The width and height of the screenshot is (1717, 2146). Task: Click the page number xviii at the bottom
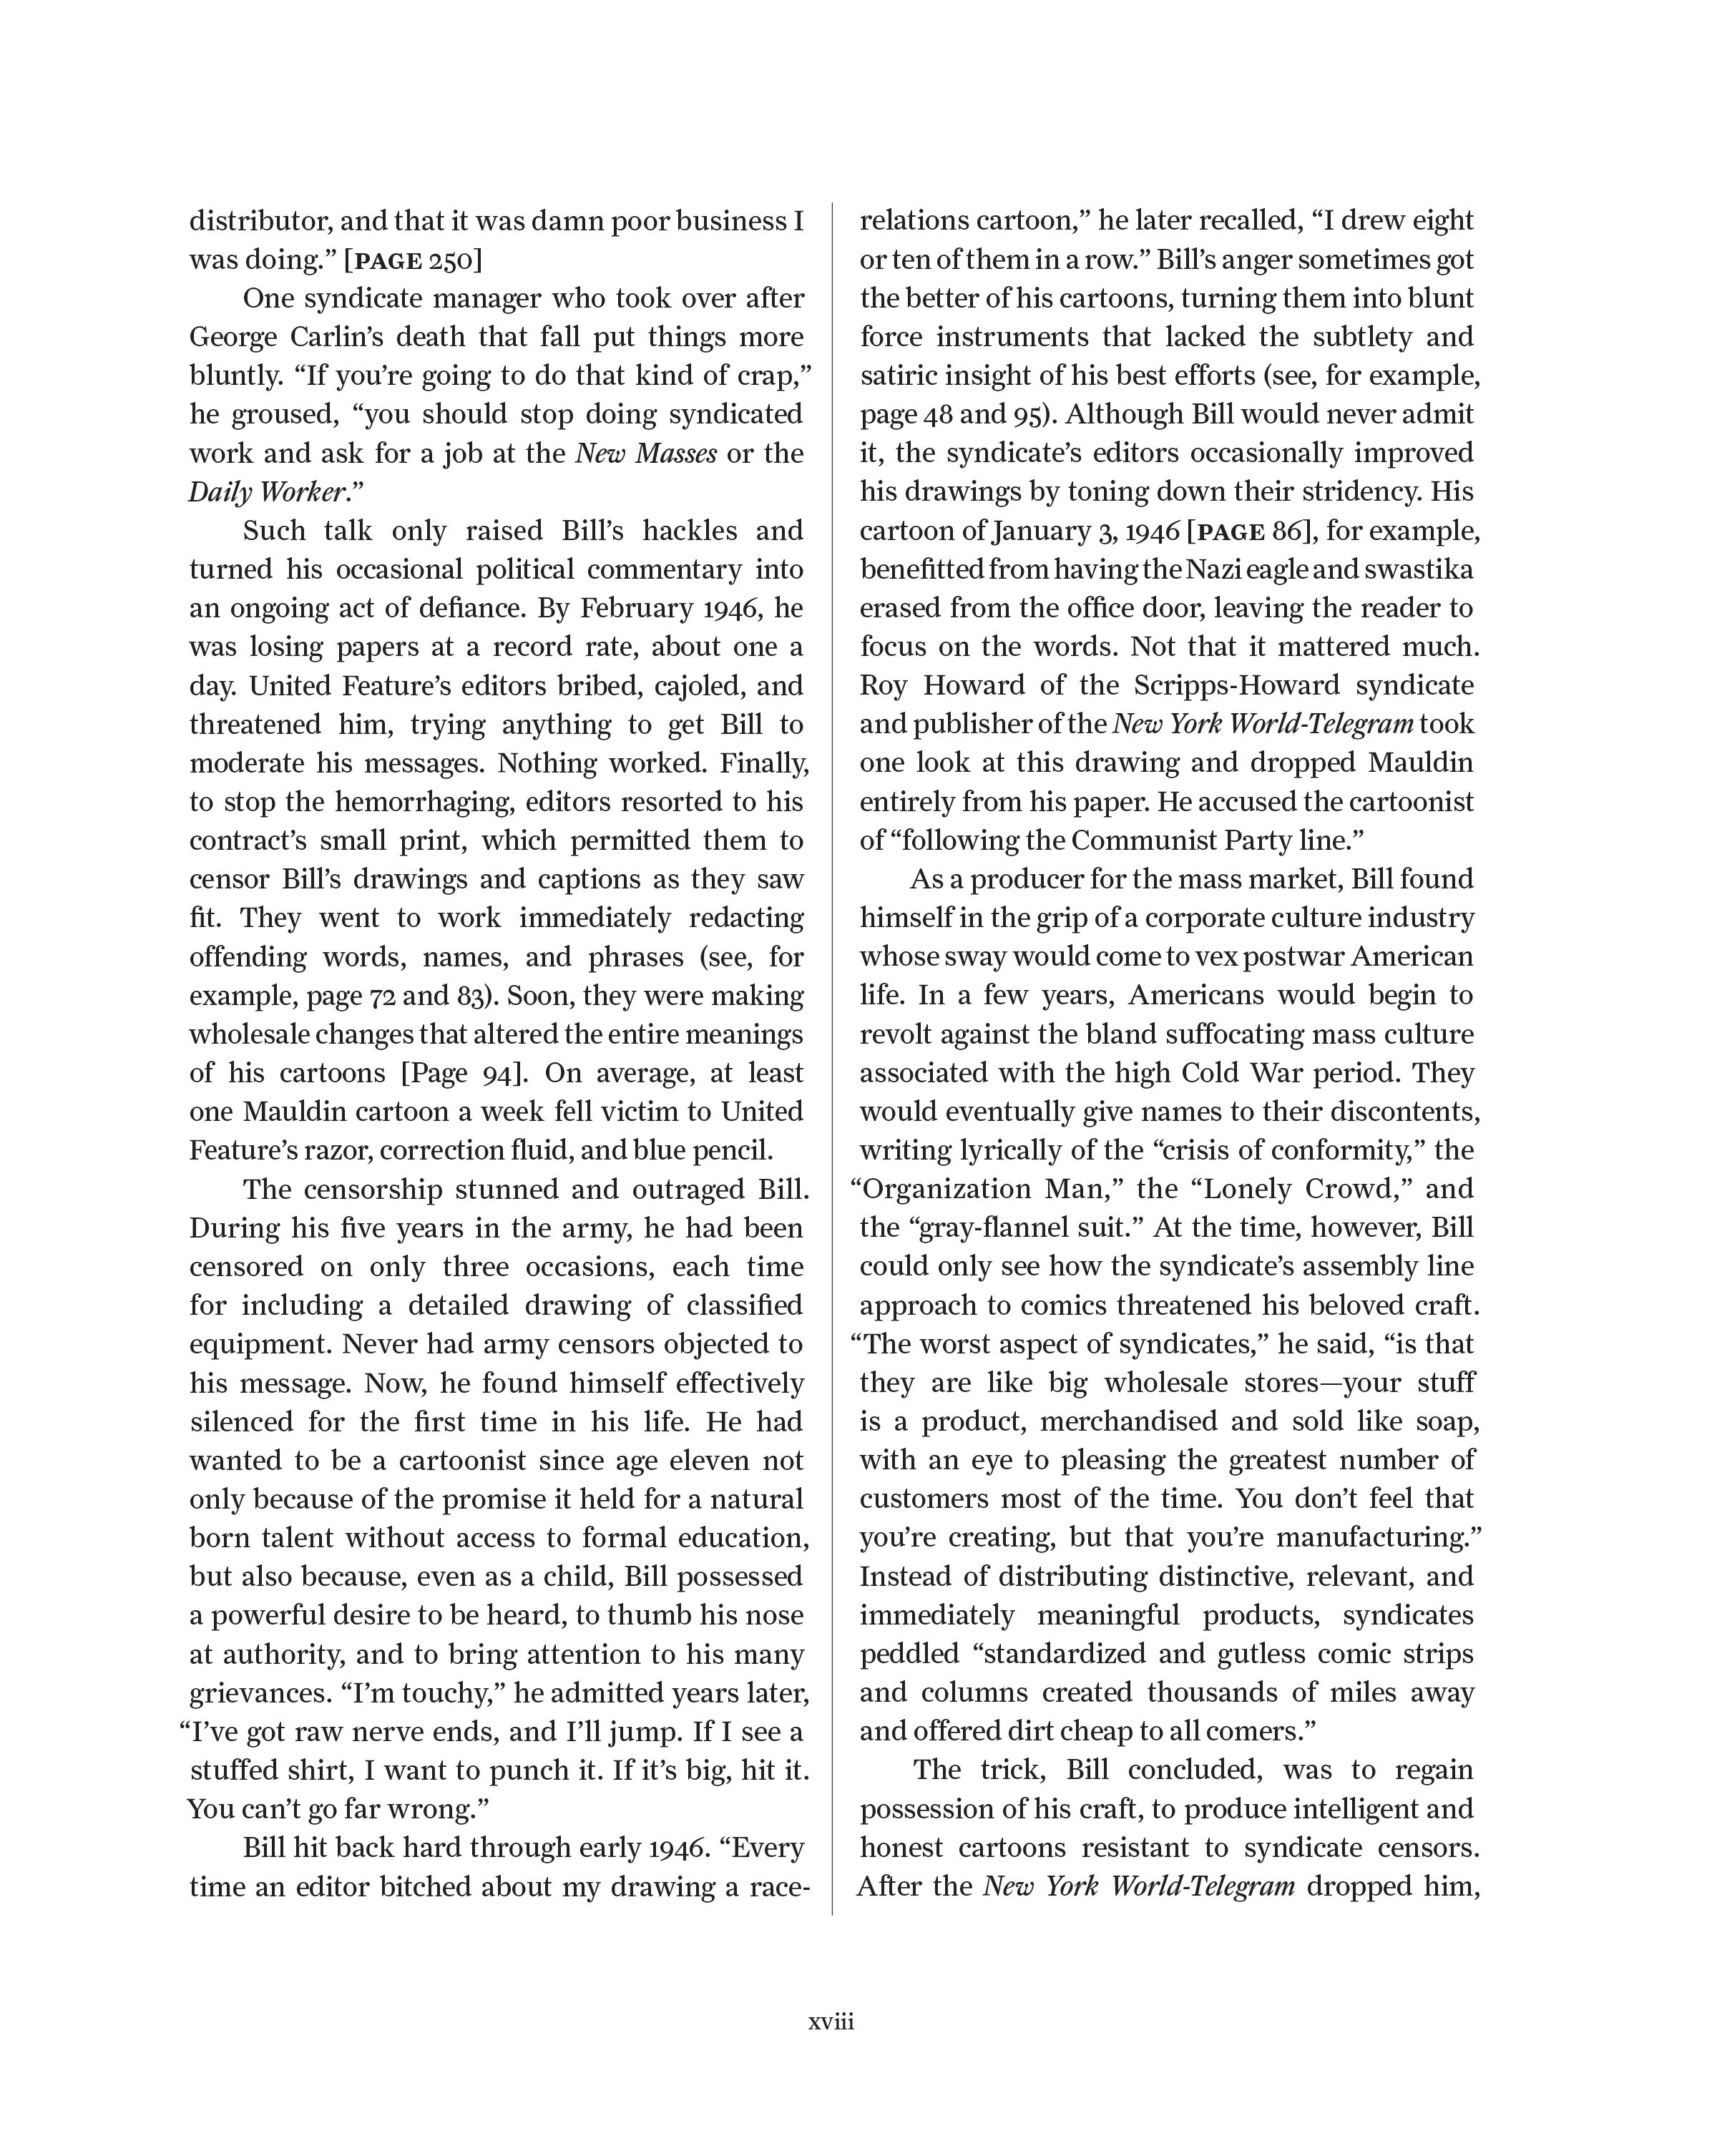[831, 2022]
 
